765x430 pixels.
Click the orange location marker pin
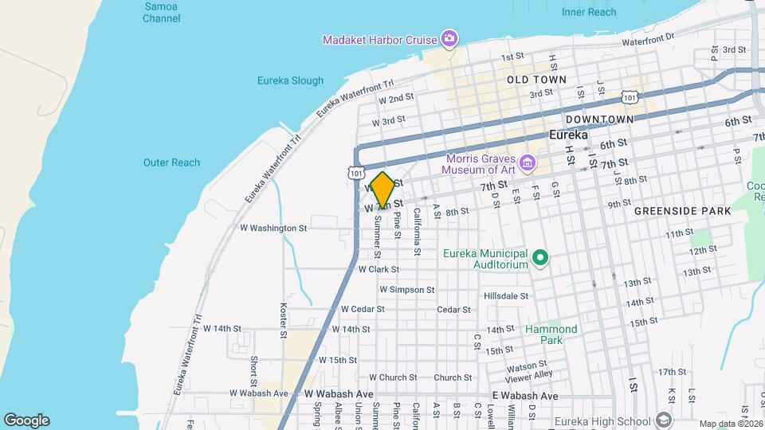tap(382, 190)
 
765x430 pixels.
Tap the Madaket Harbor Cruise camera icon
tap(449, 38)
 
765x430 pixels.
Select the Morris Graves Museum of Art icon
tap(527, 165)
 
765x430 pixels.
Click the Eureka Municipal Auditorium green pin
tap(540, 256)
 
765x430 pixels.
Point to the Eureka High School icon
tap(663, 421)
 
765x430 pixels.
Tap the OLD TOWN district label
tap(536, 80)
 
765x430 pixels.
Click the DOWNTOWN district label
tap(599, 119)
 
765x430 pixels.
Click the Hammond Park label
tap(551, 334)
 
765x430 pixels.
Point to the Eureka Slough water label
tap(290, 80)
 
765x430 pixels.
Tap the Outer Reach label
tap(171, 162)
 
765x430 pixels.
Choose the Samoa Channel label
tap(162, 12)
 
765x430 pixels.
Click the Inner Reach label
tap(589, 12)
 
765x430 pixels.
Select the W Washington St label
tap(273, 228)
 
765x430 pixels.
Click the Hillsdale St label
tap(506, 296)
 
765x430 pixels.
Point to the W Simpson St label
tap(406, 290)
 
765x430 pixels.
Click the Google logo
tap(26, 420)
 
